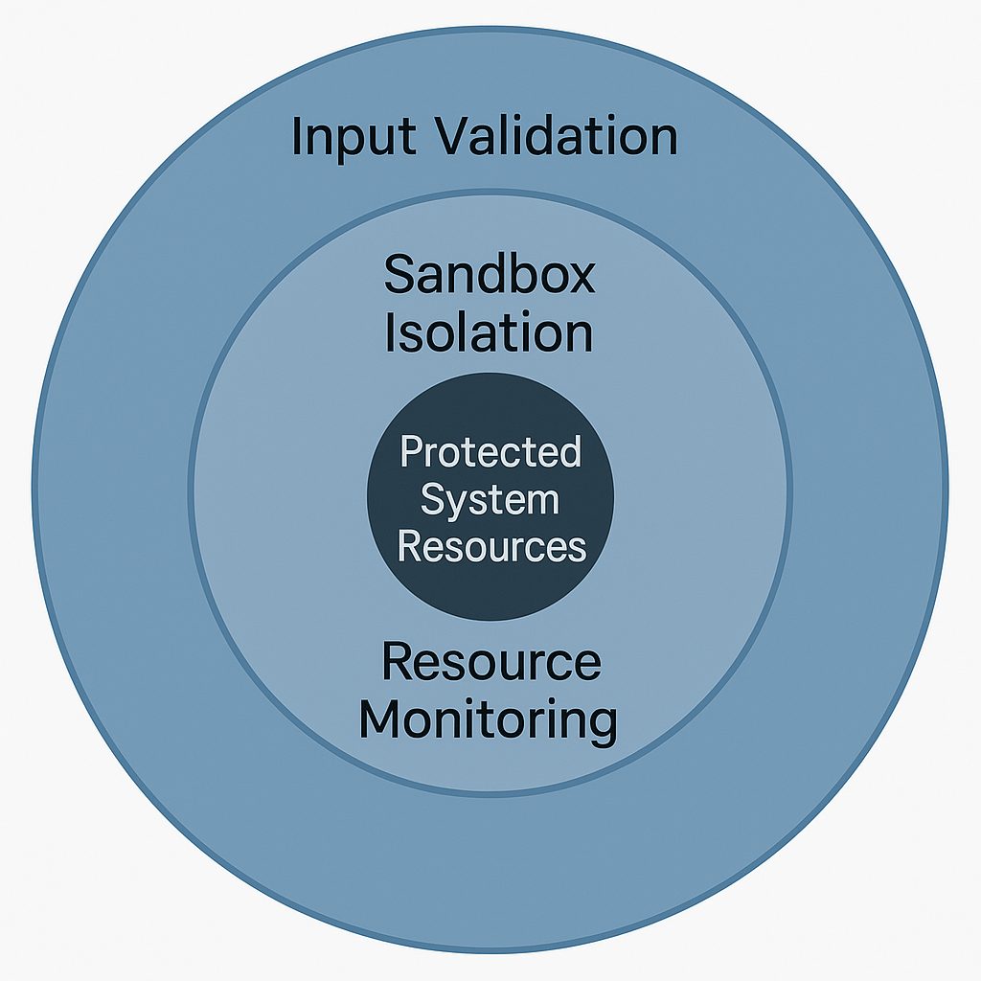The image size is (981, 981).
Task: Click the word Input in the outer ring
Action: pyautogui.click(x=352, y=136)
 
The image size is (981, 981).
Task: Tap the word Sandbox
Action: pyautogui.click(x=490, y=275)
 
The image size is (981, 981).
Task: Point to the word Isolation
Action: pyautogui.click(x=490, y=333)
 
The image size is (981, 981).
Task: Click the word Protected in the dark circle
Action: pyautogui.click(x=490, y=451)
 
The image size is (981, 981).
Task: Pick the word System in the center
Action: pyautogui.click(x=490, y=499)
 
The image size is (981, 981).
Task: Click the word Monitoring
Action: pyautogui.click(x=489, y=720)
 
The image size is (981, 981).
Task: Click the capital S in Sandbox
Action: pyautogui.click(x=399, y=275)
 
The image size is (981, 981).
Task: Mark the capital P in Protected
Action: pyautogui.click(x=409, y=451)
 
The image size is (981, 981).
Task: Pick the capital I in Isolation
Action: pyautogui.click(x=390, y=333)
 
